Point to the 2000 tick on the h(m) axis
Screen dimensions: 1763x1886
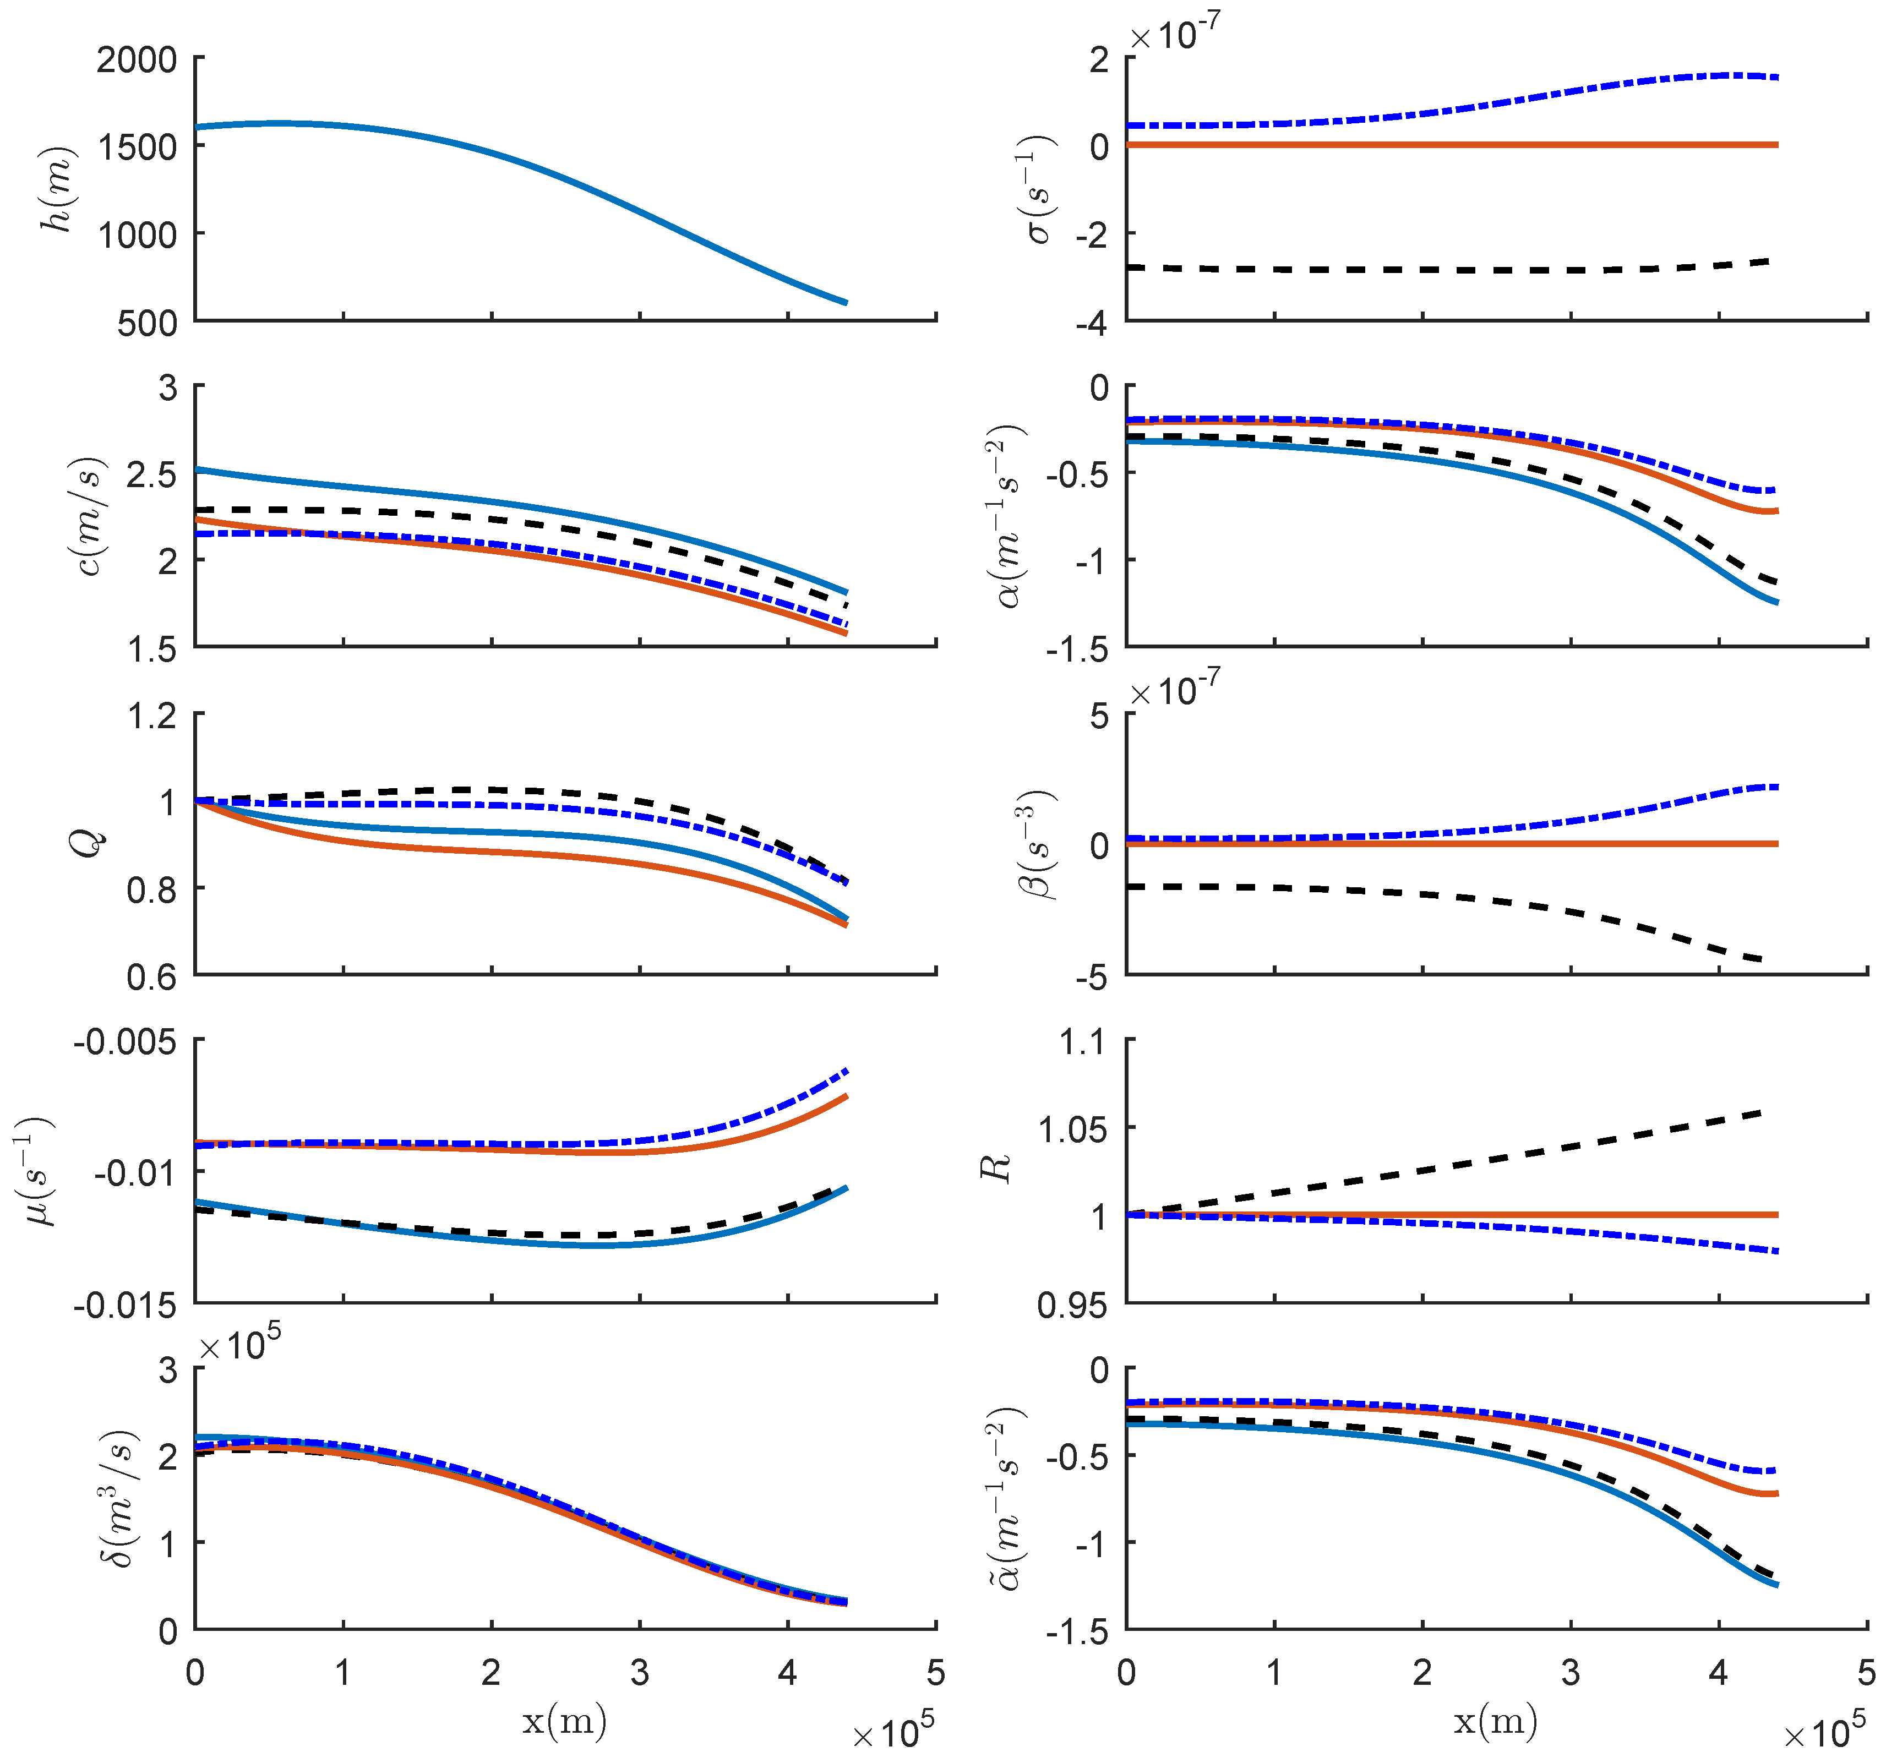click(x=137, y=60)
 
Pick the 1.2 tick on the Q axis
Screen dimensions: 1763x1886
click(x=152, y=715)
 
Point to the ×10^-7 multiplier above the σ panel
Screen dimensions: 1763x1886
click(x=1174, y=35)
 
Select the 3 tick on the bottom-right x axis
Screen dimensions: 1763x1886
click(x=1570, y=1673)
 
